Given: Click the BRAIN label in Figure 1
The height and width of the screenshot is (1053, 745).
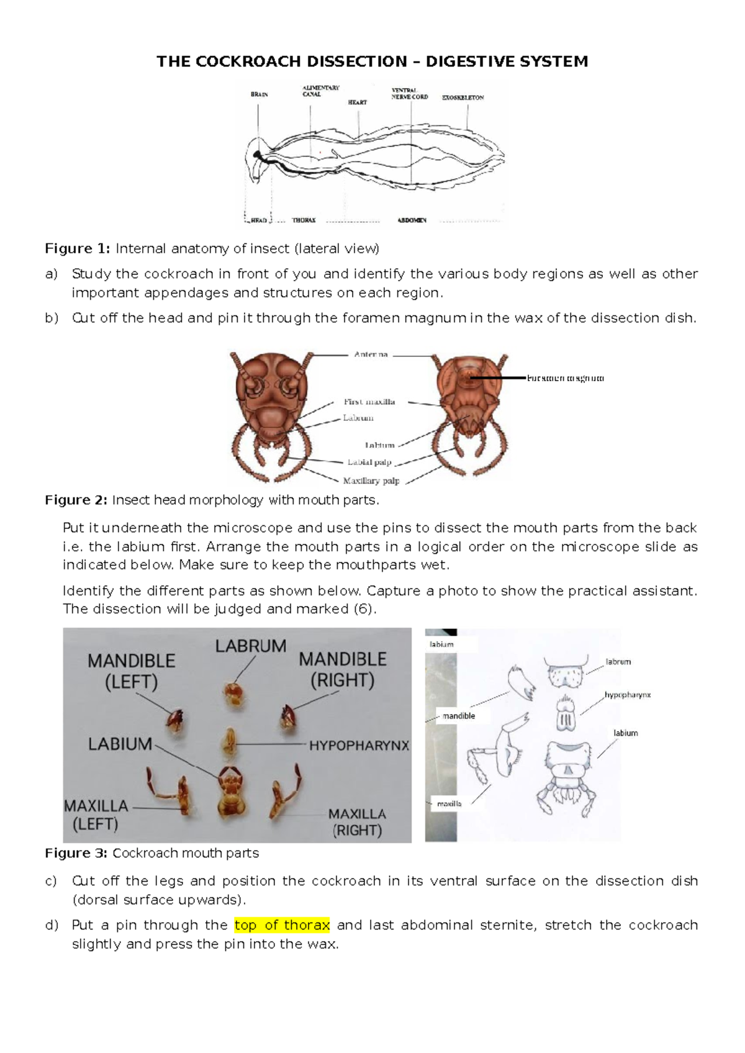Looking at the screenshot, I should pos(260,94).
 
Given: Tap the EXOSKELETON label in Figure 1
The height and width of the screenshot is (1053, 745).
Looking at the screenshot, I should pos(463,97).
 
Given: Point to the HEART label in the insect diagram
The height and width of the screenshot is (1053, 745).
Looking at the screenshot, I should pos(357,102).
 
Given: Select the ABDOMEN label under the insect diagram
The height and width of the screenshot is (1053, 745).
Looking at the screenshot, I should pos(412,220).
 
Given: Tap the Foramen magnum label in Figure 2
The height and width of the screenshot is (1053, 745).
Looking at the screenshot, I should pos(565,377).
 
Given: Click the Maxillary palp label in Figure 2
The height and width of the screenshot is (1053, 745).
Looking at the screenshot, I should pos(371,481).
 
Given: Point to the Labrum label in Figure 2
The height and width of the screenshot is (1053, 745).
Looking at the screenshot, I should pos(358,418).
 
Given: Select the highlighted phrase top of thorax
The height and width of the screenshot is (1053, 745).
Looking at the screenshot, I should pos(282,925).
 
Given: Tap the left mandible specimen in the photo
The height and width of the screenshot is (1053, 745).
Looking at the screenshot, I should pos(175,721).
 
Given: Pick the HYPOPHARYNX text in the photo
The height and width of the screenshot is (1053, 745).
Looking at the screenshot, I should pos(359,746).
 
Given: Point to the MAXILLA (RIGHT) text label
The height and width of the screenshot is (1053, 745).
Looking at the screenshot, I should pos(357,821).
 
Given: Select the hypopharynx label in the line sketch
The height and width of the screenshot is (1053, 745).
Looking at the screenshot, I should pos(628,695).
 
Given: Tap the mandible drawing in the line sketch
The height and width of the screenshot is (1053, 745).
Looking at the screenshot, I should pos(520,684).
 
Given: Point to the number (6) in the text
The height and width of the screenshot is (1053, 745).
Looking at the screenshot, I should pos(364,609).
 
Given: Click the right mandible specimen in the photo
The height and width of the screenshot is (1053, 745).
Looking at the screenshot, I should pos(288,717).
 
